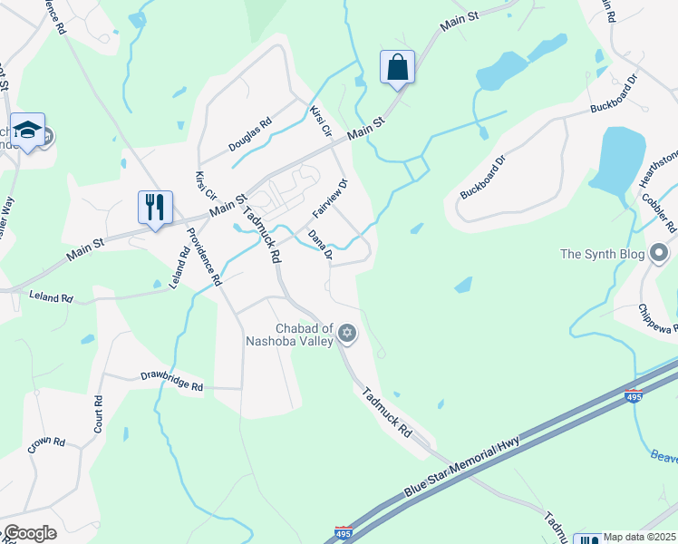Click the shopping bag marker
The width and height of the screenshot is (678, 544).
click(397, 67)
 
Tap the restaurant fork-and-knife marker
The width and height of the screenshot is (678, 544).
click(155, 207)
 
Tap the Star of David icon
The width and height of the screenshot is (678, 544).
click(345, 335)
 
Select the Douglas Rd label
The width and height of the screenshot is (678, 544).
click(249, 137)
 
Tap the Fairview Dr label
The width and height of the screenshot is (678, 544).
click(330, 198)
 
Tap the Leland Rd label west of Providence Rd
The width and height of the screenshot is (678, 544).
click(51, 296)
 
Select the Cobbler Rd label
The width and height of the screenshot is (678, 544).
click(658, 210)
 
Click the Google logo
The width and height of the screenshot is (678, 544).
click(29, 533)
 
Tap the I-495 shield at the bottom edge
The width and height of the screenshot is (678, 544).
click(344, 535)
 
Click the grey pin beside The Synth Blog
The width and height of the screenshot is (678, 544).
click(659, 252)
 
